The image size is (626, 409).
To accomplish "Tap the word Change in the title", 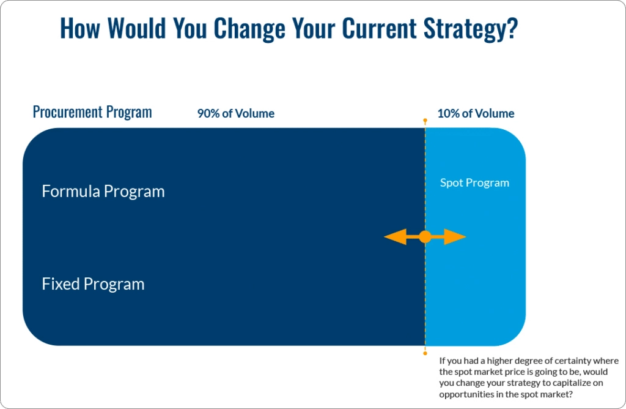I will [x=251, y=29].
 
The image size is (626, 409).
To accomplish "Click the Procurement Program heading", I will [x=92, y=112].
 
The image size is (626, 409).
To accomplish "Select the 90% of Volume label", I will [x=235, y=113].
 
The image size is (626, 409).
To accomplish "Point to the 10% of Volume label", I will [x=476, y=113].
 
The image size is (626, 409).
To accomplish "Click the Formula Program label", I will [x=103, y=191].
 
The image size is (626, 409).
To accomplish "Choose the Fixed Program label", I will [x=93, y=284].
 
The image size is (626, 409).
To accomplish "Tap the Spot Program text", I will [x=474, y=182].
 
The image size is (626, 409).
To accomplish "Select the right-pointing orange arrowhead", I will [x=455, y=237].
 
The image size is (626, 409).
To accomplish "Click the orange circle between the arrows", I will [x=425, y=237].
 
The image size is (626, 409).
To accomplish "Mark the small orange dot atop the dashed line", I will [x=425, y=121].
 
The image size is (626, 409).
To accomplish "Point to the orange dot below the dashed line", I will [x=425, y=353].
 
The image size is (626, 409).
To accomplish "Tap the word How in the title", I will [x=79, y=29].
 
